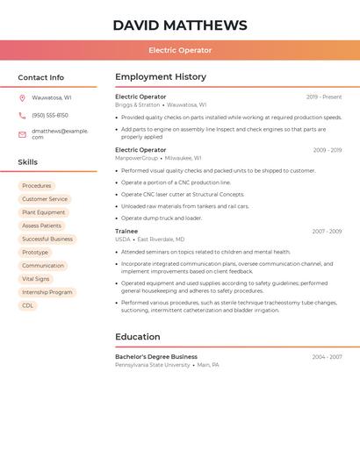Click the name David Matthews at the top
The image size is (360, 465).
click(x=180, y=25)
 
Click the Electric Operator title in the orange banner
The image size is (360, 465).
click(x=180, y=50)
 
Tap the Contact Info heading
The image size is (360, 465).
click(x=40, y=77)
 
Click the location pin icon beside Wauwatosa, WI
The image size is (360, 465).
click(x=22, y=98)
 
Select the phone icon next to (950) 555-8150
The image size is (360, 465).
click(x=22, y=116)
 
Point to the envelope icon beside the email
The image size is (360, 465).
click(x=22, y=133)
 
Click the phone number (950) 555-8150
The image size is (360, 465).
click(x=50, y=116)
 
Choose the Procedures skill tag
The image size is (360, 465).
click(x=37, y=186)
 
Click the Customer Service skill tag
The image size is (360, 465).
click(x=45, y=199)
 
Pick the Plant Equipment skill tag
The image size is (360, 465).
click(x=44, y=212)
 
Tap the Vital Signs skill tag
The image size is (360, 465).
click(x=36, y=279)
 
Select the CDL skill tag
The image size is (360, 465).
click(x=27, y=305)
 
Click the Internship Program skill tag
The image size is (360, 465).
click(x=47, y=292)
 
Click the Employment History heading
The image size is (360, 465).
click(x=161, y=77)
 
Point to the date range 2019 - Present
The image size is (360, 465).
click(x=324, y=97)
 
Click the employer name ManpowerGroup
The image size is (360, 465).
click(x=136, y=158)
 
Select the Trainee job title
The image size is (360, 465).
click(x=126, y=232)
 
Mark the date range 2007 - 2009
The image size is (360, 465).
click(x=327, y=232)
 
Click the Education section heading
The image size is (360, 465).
click(x=138, y=337)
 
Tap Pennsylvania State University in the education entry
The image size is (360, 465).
click(x=153, y=365)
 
